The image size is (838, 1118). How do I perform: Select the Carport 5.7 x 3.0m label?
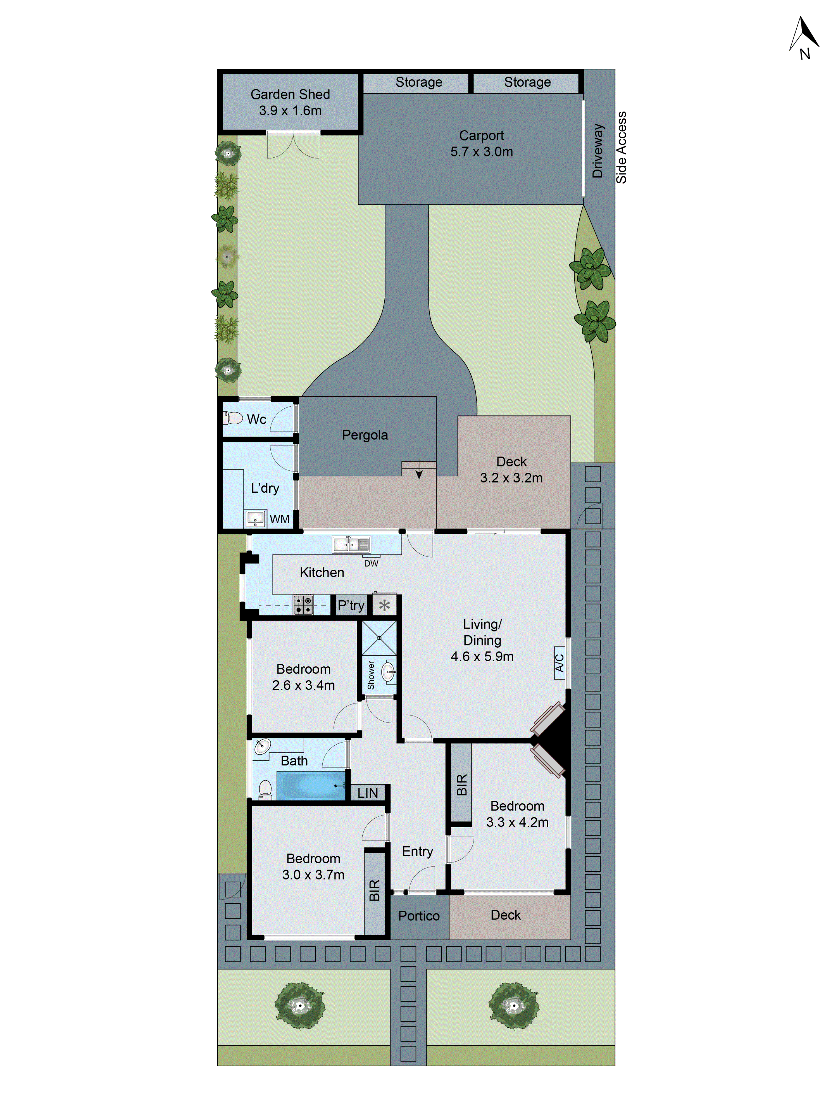pos(481,144)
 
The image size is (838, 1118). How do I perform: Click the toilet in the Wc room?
pos(233,418)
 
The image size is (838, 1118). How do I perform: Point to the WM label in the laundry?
pos(279,519)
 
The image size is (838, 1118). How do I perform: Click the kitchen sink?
pos(351,544)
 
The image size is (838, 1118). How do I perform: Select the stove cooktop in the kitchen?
pos(304,605)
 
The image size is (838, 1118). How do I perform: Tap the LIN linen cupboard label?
pos(367,793)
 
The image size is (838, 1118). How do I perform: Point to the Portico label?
pos(419,916)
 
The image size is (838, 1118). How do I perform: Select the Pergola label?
pos(365,435)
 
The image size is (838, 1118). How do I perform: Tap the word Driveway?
pos(597,151)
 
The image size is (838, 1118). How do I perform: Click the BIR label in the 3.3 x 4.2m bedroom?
pos(461,785)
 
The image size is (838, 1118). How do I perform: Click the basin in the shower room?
pos(388,672)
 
